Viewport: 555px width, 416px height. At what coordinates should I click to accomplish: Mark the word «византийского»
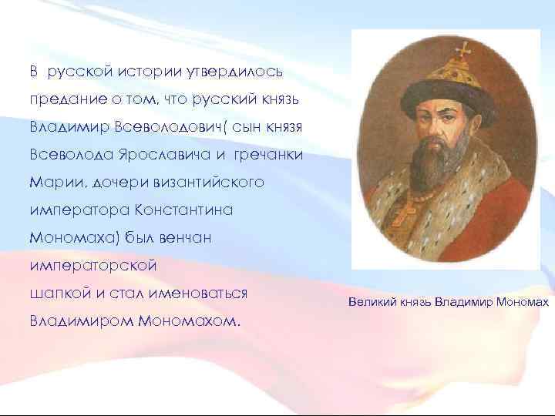coord(208,183)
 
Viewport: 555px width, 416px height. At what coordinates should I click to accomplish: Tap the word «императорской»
coord(93,267)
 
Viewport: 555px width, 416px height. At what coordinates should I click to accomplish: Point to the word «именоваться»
coord(201,294)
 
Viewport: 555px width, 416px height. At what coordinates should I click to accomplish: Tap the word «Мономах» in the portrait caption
coord(521,304)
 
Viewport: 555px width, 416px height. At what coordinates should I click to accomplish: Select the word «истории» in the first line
coord(150,72)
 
